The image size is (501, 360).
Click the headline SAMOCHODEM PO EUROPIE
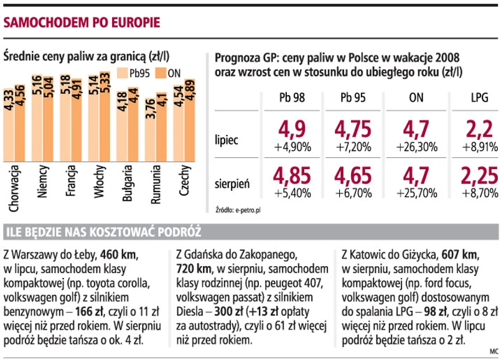coord(82,23)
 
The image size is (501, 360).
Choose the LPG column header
coord(479,98)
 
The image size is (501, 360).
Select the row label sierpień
coord(232,183)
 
